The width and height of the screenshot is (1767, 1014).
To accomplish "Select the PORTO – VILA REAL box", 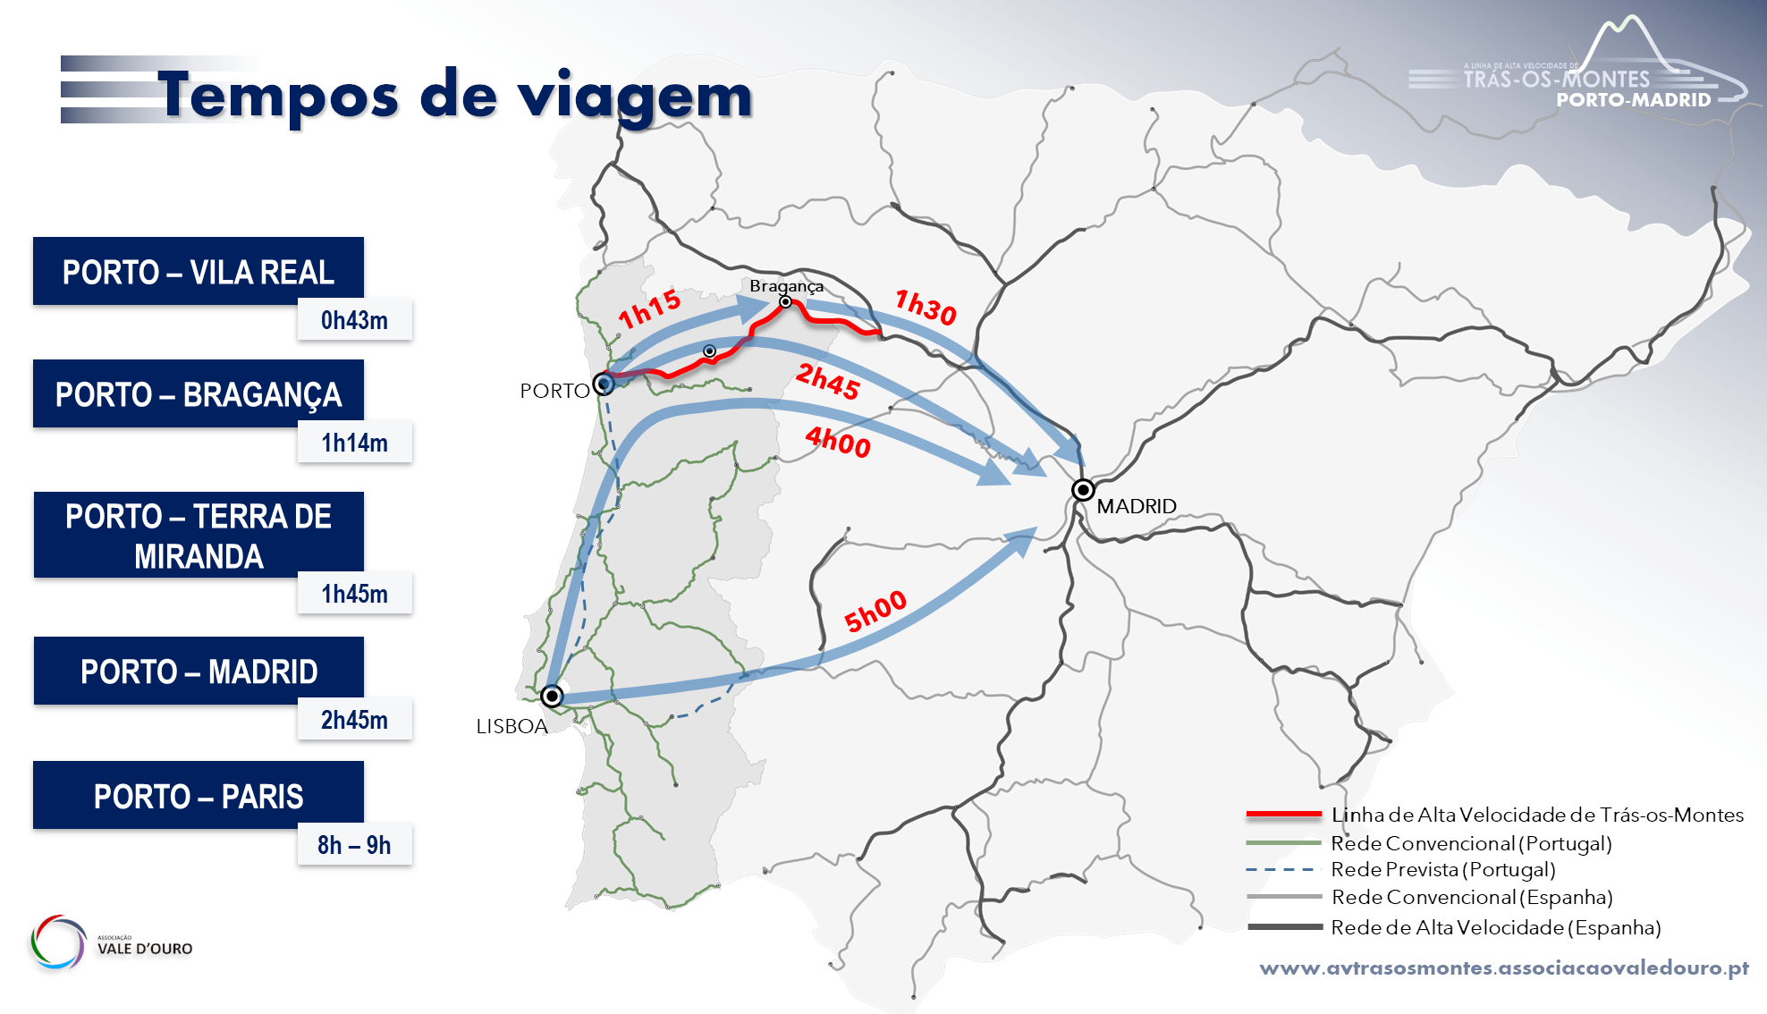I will pos(199,271).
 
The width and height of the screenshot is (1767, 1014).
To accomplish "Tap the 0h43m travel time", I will pos(354,320).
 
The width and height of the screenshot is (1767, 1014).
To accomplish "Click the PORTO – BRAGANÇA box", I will pos(199,393).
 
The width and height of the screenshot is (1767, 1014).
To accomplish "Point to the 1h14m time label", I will pos(354,443).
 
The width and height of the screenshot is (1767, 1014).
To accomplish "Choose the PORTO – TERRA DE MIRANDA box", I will pos(199,535).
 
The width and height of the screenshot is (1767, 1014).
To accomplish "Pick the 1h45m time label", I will pos(354,594).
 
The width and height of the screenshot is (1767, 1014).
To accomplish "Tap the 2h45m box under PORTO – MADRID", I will pos(354,720).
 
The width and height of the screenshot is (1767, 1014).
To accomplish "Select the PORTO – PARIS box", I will pos(199,796).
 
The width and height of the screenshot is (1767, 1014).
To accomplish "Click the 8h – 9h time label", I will pos(354,845).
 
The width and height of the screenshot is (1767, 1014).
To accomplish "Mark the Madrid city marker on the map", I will pos(1083,490).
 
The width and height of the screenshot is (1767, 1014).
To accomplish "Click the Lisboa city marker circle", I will pos(552,696).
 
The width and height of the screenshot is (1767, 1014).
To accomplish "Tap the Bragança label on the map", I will pos(786,286).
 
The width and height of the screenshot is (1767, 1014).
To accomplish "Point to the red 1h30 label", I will pos(926,307).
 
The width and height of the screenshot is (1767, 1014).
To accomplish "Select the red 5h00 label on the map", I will pos(875,612).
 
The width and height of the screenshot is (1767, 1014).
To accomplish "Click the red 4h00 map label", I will pos(838,441).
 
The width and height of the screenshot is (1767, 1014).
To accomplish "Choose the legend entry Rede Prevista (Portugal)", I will pos(1442,869).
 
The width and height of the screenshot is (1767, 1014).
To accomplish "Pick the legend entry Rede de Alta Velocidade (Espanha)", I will pos(1495,927).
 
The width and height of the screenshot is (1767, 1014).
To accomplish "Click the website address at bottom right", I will pos(1504,968).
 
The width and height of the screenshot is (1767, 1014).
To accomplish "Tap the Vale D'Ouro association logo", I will pos(112,942).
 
